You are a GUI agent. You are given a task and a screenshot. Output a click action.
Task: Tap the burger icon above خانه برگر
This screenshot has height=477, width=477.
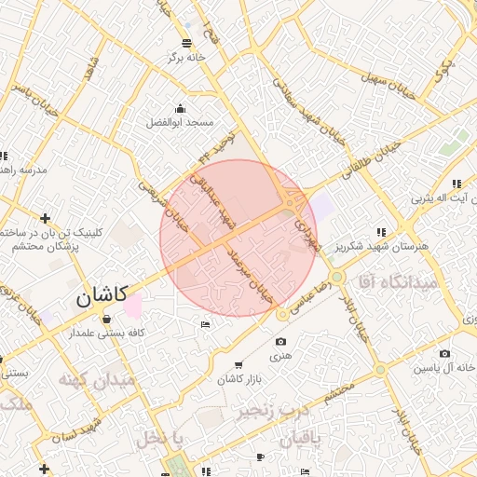[x=187, y=43]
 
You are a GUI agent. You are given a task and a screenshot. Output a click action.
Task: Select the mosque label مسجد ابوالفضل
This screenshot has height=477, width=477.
[x=180, y=122]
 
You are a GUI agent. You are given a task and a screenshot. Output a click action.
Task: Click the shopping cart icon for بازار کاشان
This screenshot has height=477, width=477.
[x=239, y=364]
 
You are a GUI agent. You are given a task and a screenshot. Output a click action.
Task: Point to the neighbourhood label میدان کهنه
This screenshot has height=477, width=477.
[x=96, y=380]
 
